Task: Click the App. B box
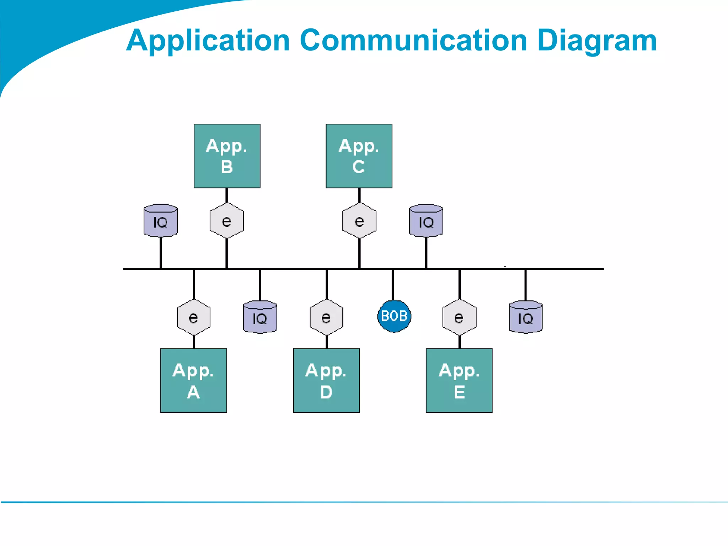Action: tap(227, 156)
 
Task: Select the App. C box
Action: tap(359, 156)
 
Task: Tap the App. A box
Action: tap(193, 380)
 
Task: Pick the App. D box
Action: tap(326, 380)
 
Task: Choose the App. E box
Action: tap(459, 380)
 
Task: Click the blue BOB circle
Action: tap(394, 316)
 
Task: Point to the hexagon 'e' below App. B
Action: tap(226, 221)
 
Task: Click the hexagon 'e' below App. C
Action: tap(359, 221)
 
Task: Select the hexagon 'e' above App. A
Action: tap(193, 317)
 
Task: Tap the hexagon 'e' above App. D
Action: tap(326, 317)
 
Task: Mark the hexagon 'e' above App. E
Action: tap(459, 317)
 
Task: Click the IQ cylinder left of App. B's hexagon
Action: tap(160, 221)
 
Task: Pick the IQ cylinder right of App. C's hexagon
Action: tap(426, 221)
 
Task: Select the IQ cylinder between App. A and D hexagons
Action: tap(260, 317)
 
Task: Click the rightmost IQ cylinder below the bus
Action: tap(525, 317)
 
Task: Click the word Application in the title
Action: tap(208, 41)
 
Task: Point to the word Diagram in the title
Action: tap(597, 41)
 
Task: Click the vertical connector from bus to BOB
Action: tap(393, 284)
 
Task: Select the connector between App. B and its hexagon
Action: tap(226, 195)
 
